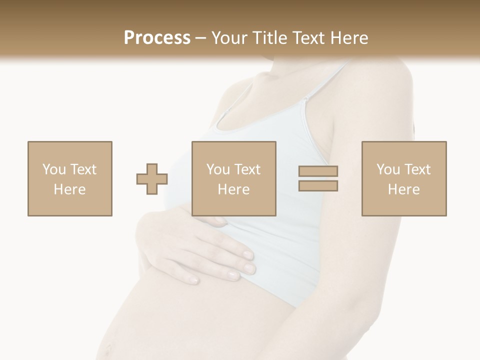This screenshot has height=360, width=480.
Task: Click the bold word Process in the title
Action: (157, 38)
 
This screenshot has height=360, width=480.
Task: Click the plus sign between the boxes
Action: (152, 178)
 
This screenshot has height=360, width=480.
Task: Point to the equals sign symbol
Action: (318, 178)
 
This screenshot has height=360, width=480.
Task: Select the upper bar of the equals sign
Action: (318, 171)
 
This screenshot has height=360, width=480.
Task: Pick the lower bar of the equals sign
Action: (318, 185)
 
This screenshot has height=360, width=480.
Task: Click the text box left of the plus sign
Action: (69, 178)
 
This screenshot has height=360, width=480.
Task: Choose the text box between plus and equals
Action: (233, 178)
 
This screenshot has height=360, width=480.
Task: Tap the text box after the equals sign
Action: (403, 178)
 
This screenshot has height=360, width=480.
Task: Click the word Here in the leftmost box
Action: (69, 189)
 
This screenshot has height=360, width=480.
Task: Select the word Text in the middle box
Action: (247, 169)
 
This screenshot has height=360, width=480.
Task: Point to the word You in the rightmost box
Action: (388, 169)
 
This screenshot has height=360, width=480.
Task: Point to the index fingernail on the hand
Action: (248, 255)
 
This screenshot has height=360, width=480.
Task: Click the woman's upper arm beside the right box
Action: (395, 115)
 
